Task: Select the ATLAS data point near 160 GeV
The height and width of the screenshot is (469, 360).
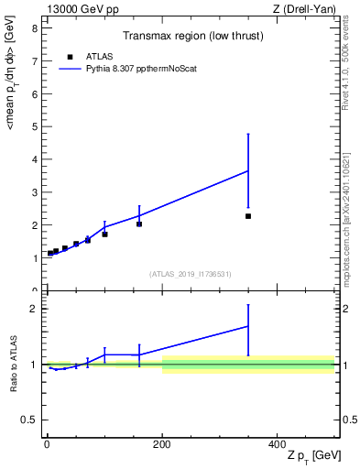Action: point(139,224)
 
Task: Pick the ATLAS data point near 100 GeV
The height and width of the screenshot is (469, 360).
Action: point(104,234)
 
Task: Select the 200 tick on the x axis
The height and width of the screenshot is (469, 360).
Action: point(162,442)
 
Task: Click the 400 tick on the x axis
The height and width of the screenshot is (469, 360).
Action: point(278,442)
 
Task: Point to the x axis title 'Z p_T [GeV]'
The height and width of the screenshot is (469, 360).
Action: point(312,456)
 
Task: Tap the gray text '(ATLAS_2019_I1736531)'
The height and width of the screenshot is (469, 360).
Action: point(191,274)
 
